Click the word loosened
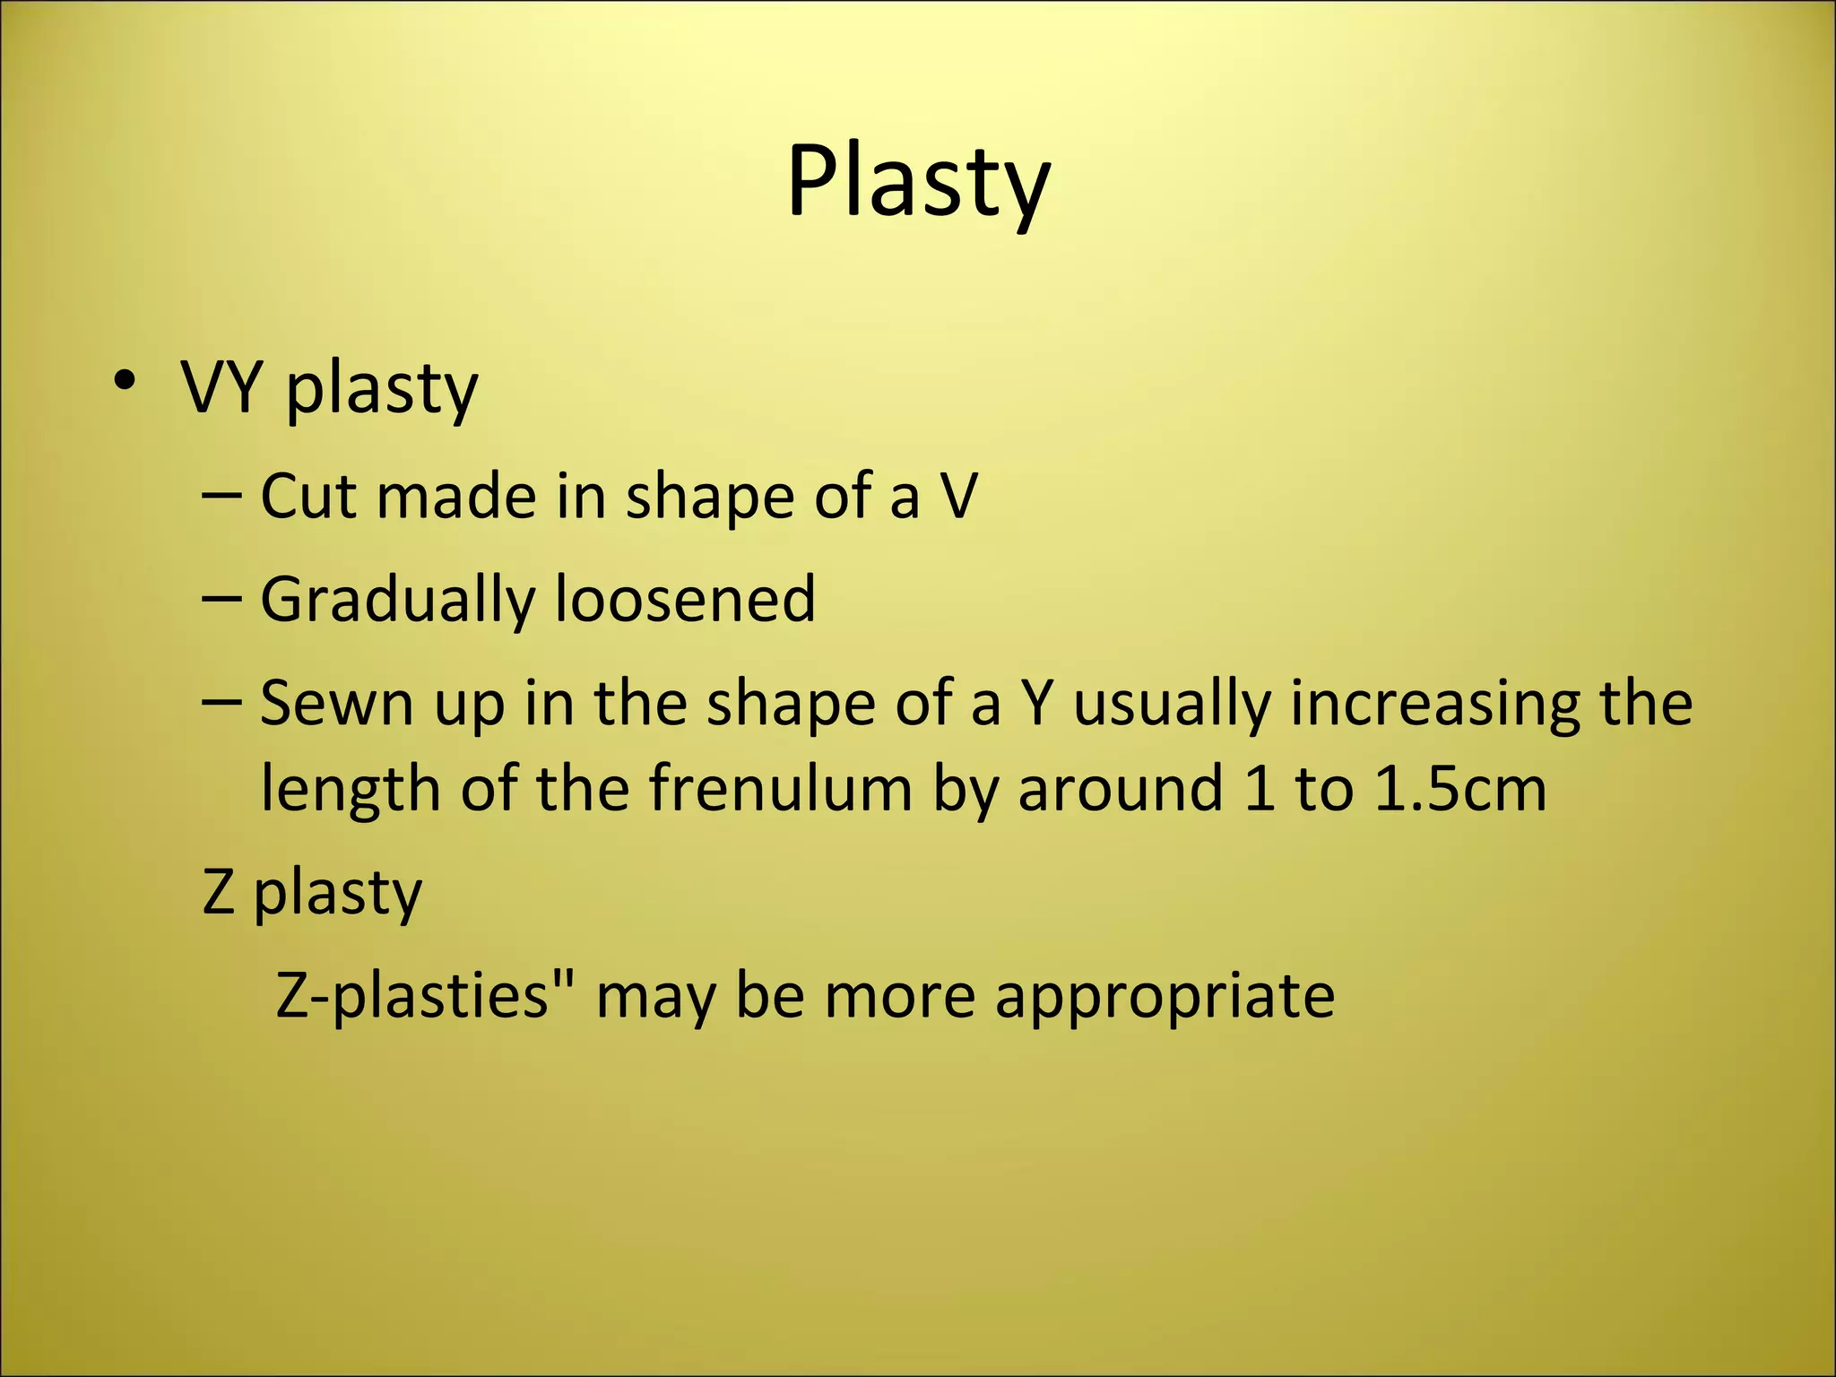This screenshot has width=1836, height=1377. [x=685, y=599]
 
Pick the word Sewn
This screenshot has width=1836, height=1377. [x=336, y=703]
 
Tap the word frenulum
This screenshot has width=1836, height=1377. [x=779, y=789]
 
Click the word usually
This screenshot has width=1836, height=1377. [x=1172, y=705]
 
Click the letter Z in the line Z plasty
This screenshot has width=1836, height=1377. [x=219, y=892]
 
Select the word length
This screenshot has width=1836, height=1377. [x=349, y=789]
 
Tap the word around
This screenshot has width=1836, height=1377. [x=1120, y=789]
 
